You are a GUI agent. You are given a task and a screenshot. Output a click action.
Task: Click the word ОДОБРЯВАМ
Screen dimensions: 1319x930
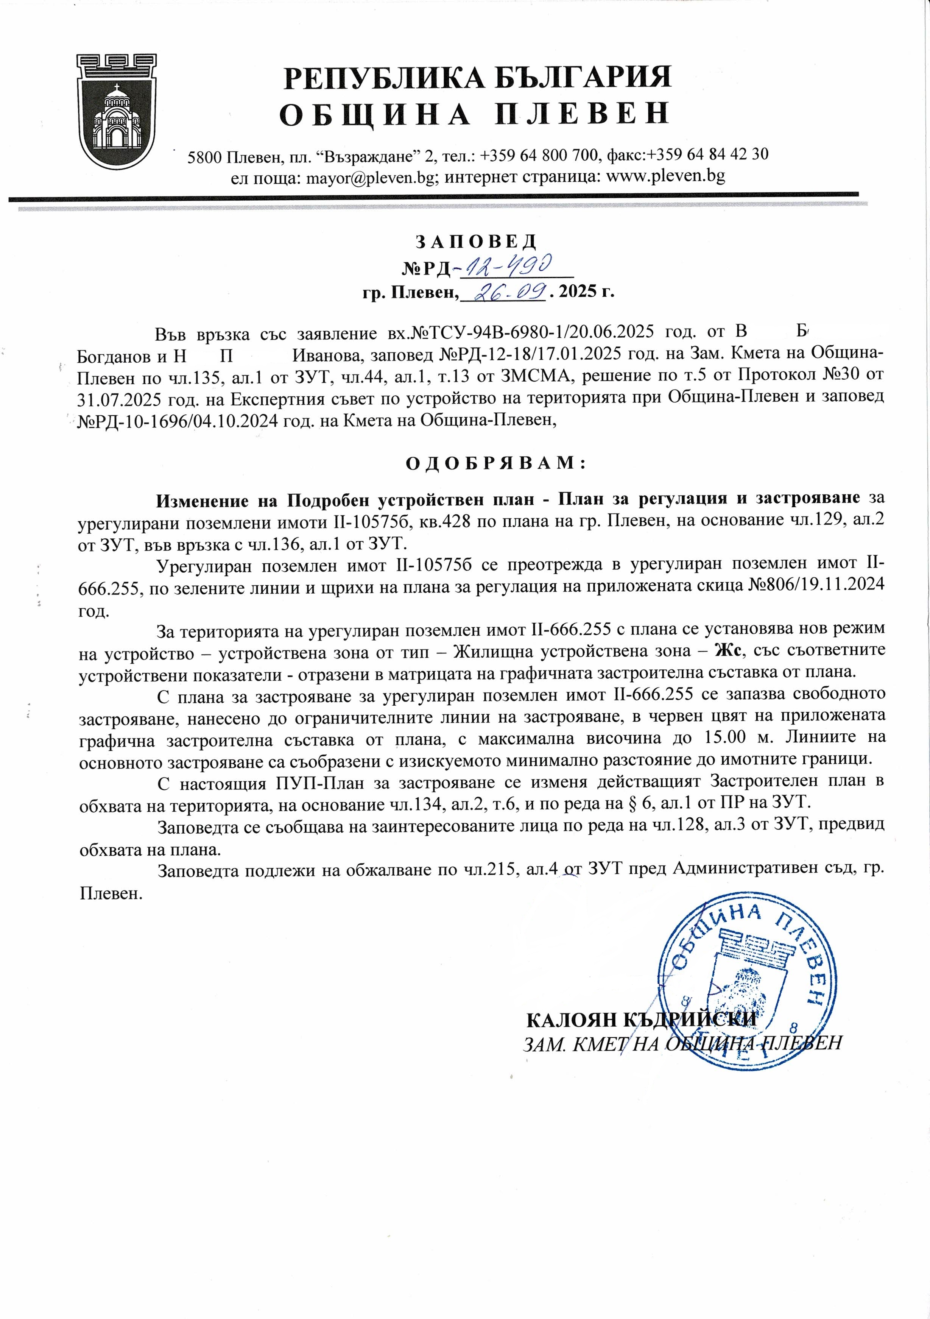click(x=495, y=463)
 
